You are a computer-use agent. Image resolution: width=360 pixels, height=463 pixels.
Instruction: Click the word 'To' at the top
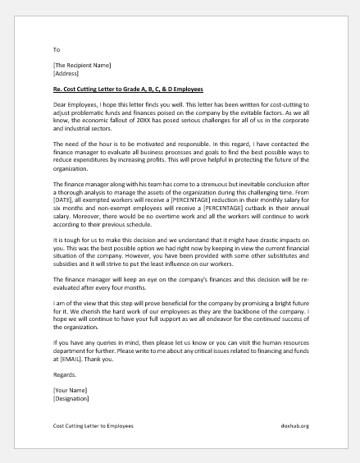(56, 49)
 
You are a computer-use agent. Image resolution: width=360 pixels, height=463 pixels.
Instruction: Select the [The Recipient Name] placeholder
(81, 65)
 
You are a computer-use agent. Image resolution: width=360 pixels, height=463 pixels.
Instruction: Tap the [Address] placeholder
(66, 73)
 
